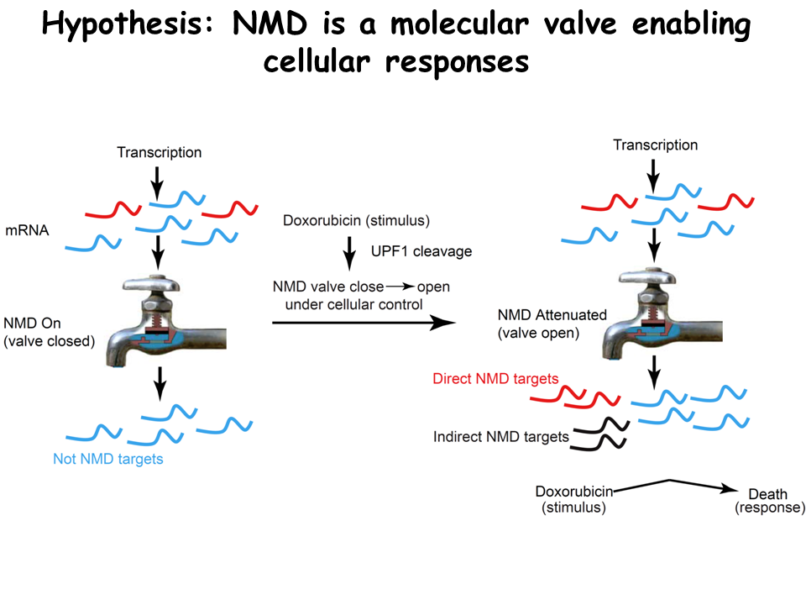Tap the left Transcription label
click(x=160, y=152)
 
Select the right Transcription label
click(x=655, y=145)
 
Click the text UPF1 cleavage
click(x=421, y=251)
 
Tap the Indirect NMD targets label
click(x=501, y=437)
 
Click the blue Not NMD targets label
click(x=107, y=459)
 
